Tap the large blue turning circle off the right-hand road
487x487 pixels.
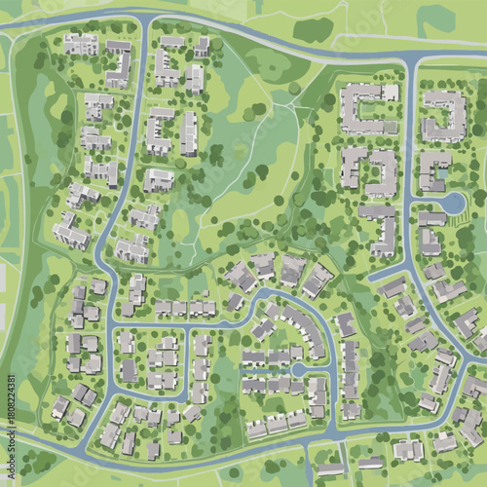[453, 203]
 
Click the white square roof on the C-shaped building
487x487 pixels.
[390, 92]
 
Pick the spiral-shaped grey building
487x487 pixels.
[445, 115]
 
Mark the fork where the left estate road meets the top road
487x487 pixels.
[145, 19]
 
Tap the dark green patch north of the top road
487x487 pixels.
[313, 29]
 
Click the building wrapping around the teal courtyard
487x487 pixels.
[431, 169]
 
